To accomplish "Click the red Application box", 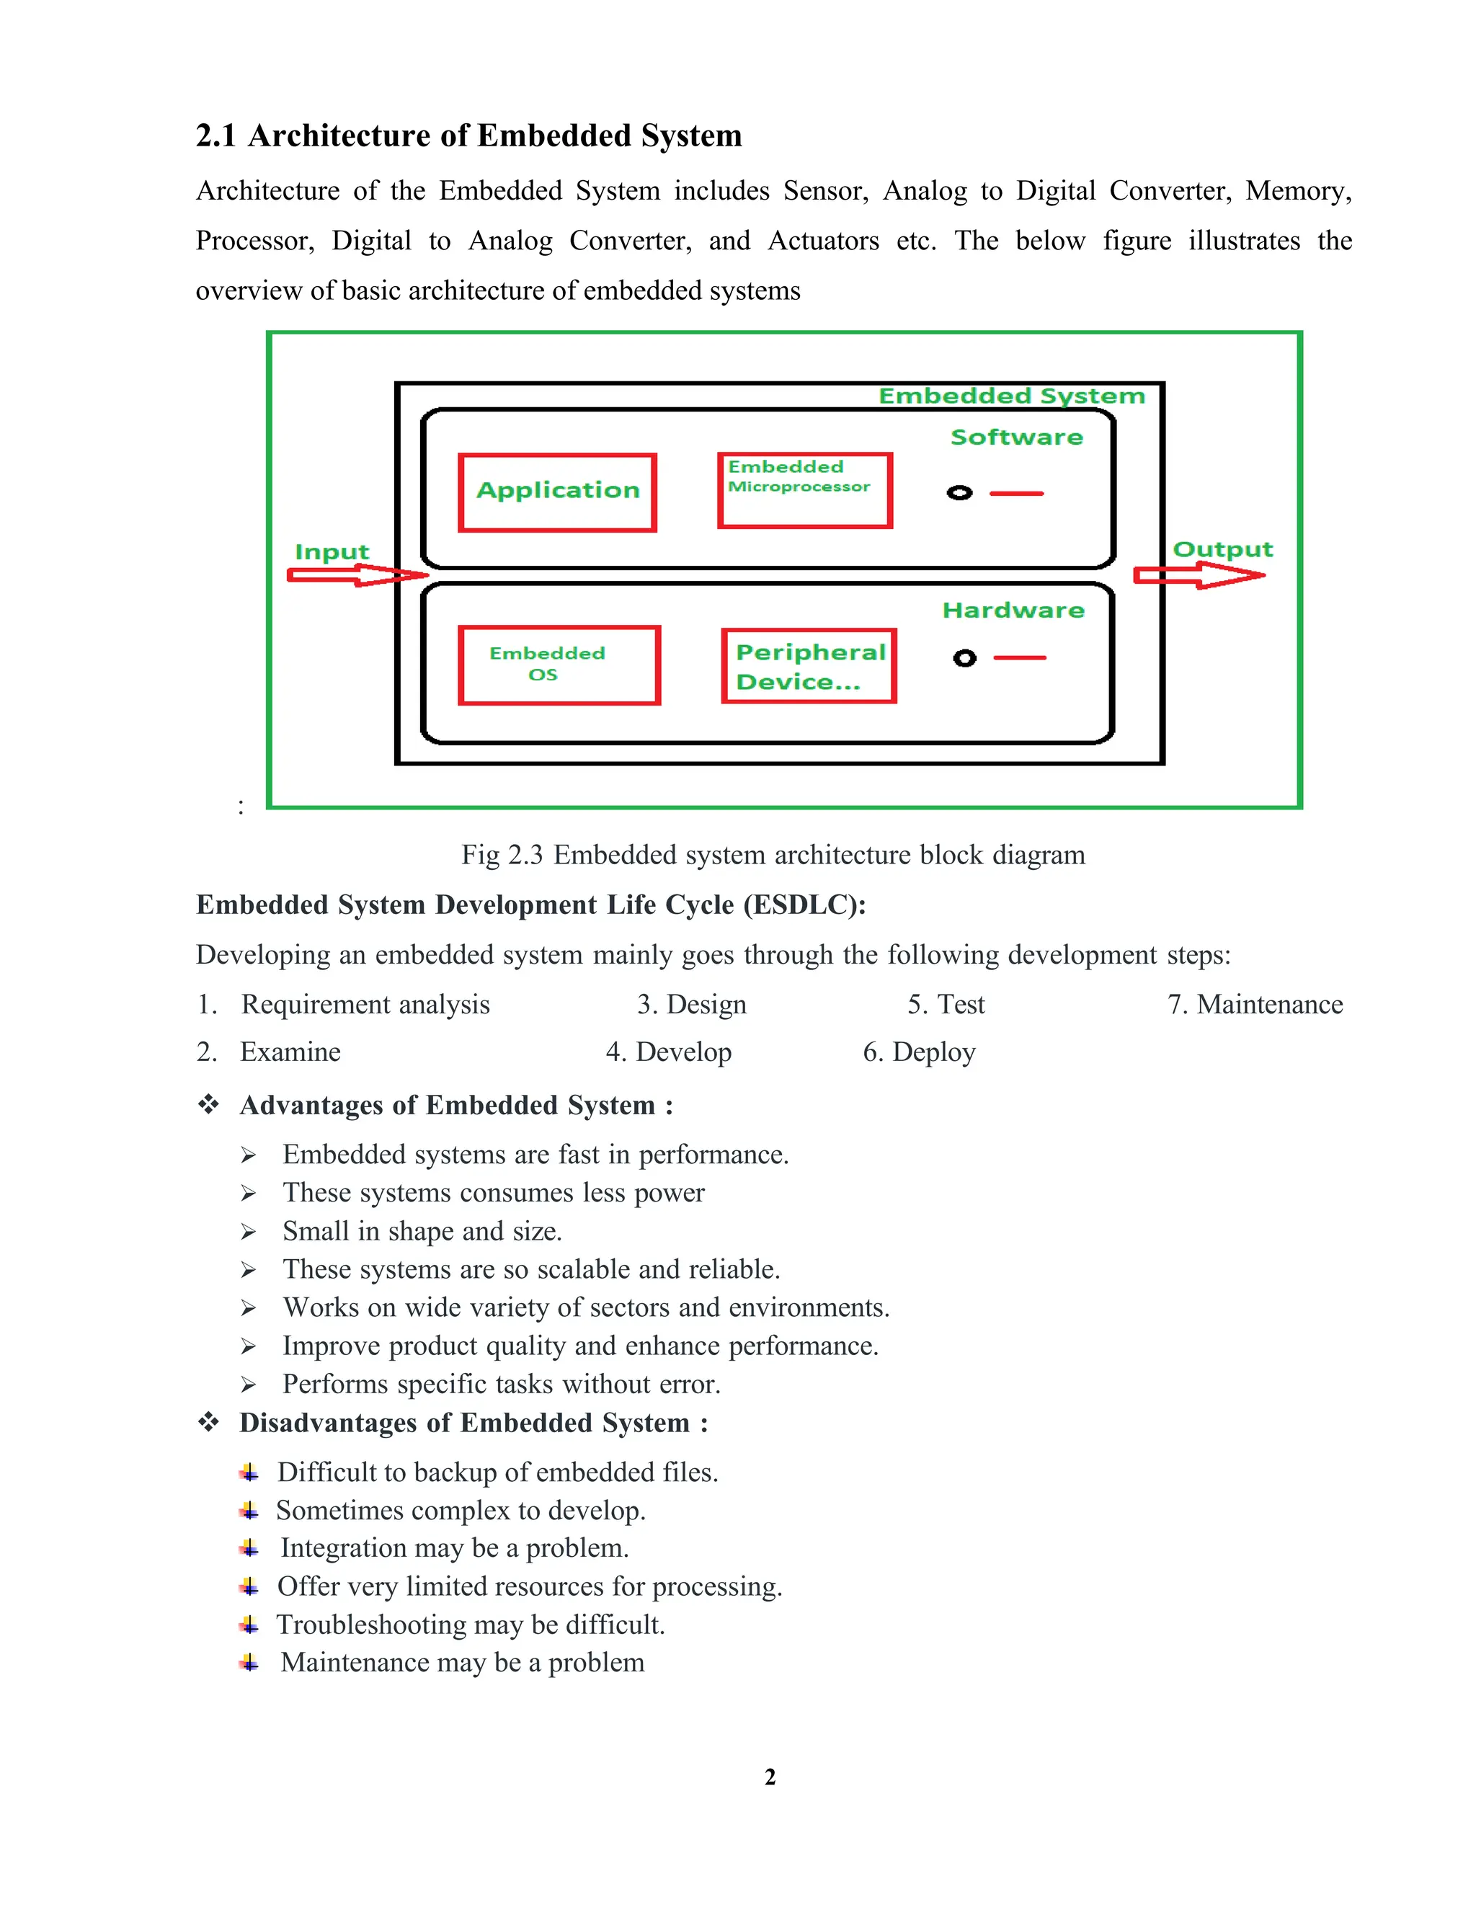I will click(x=557, y=492).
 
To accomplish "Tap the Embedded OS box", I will click(x=559, y=665).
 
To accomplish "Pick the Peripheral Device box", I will click(x=809, y=665).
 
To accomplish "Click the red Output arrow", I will click(x=1198, y=574).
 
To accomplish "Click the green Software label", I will click(x=1016, y=437).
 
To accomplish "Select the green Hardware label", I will click(x=1013, y=610).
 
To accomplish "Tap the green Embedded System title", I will click(x=1011, y=396).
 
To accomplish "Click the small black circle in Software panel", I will click(x=959, y=493).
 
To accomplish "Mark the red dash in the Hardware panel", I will click(x=1020, y=657).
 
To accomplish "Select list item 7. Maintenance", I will click(x=1255, y=1004).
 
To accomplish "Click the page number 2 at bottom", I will click(x=770, y=1777).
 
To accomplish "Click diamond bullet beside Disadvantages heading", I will click(x=208, y=1422).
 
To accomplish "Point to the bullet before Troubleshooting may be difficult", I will click(x=249, y=1625).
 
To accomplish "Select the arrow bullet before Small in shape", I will click(x=249, y=1232).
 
